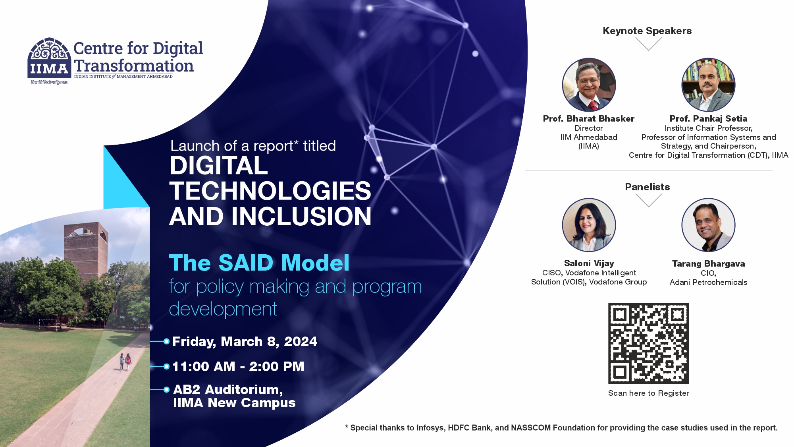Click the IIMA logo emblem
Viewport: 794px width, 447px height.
coord(49,58)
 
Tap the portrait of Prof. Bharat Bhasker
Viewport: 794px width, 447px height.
coord(589,85)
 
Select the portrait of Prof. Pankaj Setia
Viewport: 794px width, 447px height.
coord(708,85)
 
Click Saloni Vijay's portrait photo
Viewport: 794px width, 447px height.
coord(589,225)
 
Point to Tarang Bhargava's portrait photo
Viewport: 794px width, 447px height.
coord(708,225)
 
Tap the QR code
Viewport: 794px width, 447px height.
coord(649,343)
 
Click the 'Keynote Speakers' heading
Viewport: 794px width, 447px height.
coord(647,31)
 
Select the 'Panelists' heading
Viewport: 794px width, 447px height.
coord(648,187)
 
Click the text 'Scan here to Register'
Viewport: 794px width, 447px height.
coord(649,393)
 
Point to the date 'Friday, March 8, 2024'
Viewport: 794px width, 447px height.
coord(245,342)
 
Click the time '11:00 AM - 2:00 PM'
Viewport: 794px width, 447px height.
coord(238,366)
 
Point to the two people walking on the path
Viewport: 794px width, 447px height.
coord(125,362)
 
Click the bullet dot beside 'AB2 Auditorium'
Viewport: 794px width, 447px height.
coord(166,390)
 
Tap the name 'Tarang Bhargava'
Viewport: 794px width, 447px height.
coord(709,264)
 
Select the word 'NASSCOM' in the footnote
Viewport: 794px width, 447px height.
coord(531,428)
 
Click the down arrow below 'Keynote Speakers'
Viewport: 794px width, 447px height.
coord(648,44)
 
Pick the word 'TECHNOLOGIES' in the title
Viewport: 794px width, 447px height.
coord(270,191)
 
